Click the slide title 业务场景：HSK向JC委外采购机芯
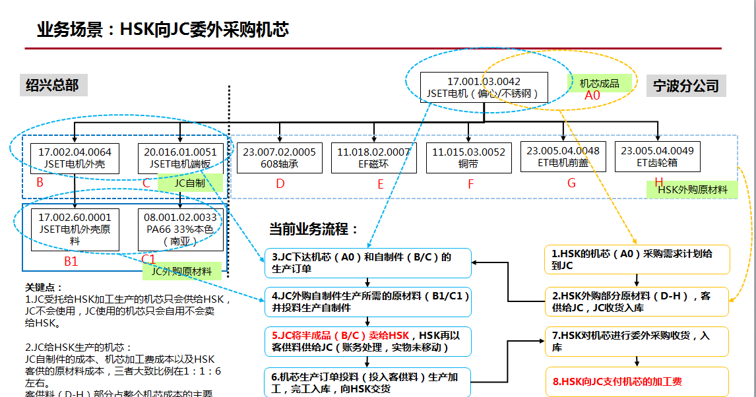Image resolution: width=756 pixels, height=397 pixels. [163, 29]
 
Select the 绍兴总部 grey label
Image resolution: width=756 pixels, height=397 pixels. [52, 85]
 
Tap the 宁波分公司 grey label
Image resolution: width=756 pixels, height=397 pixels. [686, 86]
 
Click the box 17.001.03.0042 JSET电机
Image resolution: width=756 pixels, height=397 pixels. [484, 88]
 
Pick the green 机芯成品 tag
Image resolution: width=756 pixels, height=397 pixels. [600, 83]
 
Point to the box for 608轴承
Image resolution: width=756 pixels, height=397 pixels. [279, 158]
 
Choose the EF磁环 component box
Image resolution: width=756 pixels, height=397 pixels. [373, 158]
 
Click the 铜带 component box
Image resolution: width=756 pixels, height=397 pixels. [468, 158]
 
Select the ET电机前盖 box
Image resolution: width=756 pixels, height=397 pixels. [563, 156]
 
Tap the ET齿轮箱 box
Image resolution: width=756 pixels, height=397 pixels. [657, 156]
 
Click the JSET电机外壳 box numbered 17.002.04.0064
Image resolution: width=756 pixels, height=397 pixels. [75, 158]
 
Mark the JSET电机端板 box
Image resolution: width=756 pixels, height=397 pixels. [180, 158]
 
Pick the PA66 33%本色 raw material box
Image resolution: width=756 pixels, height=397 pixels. [180, 229]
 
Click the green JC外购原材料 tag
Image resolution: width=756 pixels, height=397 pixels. [181, 271]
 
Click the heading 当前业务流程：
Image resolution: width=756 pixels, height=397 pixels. [313, 229]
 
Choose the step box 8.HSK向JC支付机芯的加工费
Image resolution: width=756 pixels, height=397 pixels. [637, 381]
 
